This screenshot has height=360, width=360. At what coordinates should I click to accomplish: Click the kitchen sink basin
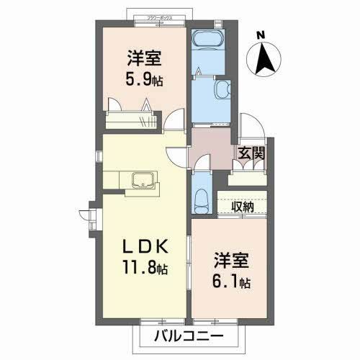coord(143,179)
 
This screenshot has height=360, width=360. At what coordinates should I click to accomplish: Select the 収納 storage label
coord(242,207)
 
